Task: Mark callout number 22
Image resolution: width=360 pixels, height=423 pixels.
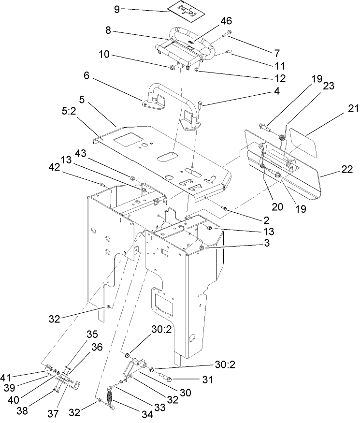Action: pyautogui.click(x=347, y=169)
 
